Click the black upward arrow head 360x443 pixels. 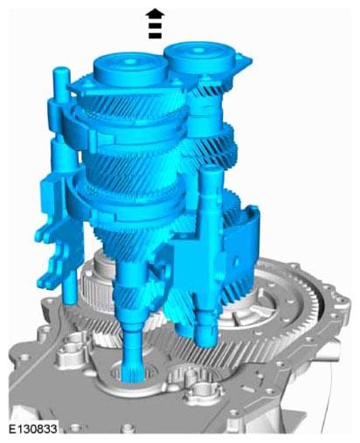coord(155,14)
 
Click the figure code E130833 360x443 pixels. coord(33,429)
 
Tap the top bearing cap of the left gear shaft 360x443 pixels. coord(130,69)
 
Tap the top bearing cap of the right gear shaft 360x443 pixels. coord(199,59)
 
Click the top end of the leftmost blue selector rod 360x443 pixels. coord(61,71)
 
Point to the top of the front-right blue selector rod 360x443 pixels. coord(212,170)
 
